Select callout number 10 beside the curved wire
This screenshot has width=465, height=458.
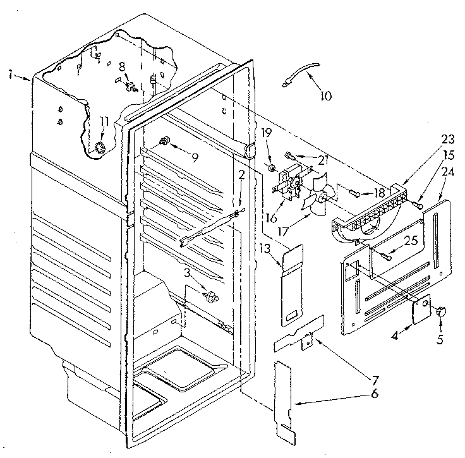tap(325, 97)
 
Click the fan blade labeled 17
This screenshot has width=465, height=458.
tap(315, 198)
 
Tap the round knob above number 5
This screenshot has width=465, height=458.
tap(441, 310)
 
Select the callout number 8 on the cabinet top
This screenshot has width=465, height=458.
tap(122, 66)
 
